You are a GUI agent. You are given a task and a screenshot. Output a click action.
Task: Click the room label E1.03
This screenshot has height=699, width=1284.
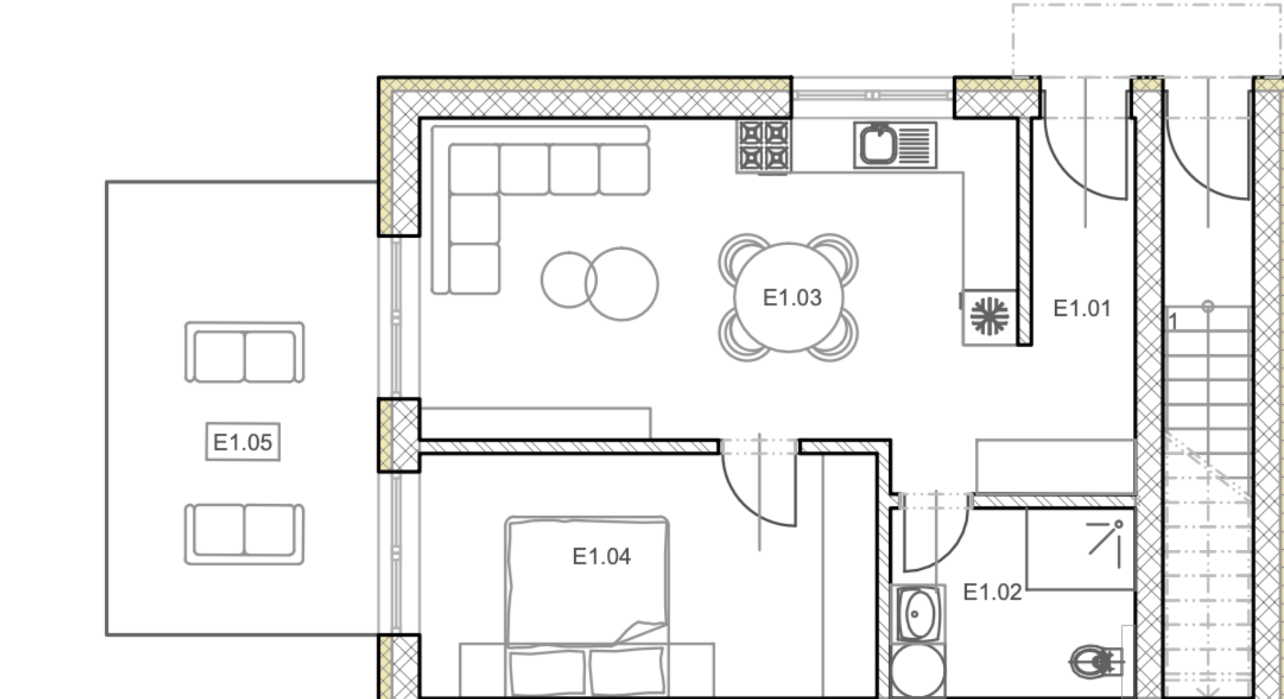click(792, 298)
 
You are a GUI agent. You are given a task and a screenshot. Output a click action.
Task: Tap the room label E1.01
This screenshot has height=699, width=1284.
click(1082, 308)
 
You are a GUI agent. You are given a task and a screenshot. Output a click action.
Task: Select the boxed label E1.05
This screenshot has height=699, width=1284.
click(243, 442)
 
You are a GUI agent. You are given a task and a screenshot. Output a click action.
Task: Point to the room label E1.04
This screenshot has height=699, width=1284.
click(601, 556)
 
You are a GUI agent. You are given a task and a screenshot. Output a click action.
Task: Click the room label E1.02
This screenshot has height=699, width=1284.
click(992, 592)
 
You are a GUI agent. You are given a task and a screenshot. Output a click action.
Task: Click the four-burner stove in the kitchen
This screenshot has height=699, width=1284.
click(764, 146)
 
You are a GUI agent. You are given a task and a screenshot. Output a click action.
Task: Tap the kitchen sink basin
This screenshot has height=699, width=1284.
click(878, 145)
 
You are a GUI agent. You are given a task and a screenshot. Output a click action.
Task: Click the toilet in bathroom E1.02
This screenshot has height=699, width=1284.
click(1095, 661)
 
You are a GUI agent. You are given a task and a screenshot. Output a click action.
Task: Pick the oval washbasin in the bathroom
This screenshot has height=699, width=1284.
click(918, 614)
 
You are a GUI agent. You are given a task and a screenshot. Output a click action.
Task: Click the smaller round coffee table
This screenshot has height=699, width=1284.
click(569, 280)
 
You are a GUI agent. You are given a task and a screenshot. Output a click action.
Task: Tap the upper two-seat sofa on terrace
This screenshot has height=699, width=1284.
click(245, 352)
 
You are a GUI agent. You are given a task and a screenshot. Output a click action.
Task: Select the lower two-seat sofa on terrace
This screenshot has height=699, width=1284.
click(245, 534)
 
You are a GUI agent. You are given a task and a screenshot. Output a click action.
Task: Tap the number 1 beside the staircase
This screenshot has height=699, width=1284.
click(1173, 322)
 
